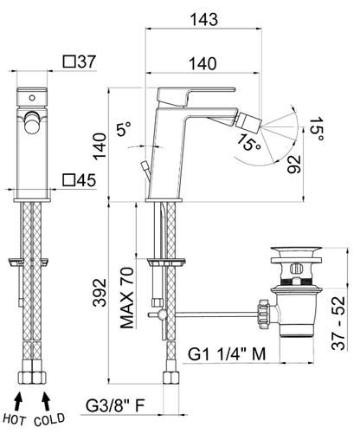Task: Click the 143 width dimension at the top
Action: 203,20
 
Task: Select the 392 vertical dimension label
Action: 100,293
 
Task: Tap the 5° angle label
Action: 124,129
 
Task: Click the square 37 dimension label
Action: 79,62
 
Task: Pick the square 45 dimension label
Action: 79,180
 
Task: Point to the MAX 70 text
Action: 127,298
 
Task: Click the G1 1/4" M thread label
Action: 227,353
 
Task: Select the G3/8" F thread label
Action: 115,405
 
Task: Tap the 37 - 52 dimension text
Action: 338,323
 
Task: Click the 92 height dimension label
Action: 294,165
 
